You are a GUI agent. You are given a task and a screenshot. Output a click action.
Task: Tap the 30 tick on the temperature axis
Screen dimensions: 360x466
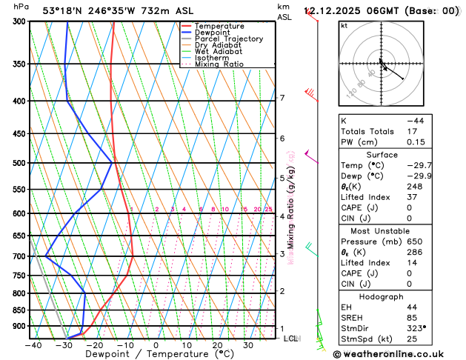tap(248, 344)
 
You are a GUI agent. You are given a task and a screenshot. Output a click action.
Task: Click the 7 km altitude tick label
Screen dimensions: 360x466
tap(282, 98)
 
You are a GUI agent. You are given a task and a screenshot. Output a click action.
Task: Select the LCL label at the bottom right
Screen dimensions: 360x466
tap(290, 339)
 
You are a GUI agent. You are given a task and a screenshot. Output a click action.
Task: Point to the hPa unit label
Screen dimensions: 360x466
tap(22, 7)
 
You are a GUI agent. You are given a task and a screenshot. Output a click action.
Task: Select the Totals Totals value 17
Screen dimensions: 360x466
tap(411, 131)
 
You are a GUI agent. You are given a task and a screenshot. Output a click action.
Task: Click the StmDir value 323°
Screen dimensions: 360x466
tap(416, 328)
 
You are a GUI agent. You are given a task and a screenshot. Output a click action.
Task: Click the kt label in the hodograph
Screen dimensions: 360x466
tap(344, 25)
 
